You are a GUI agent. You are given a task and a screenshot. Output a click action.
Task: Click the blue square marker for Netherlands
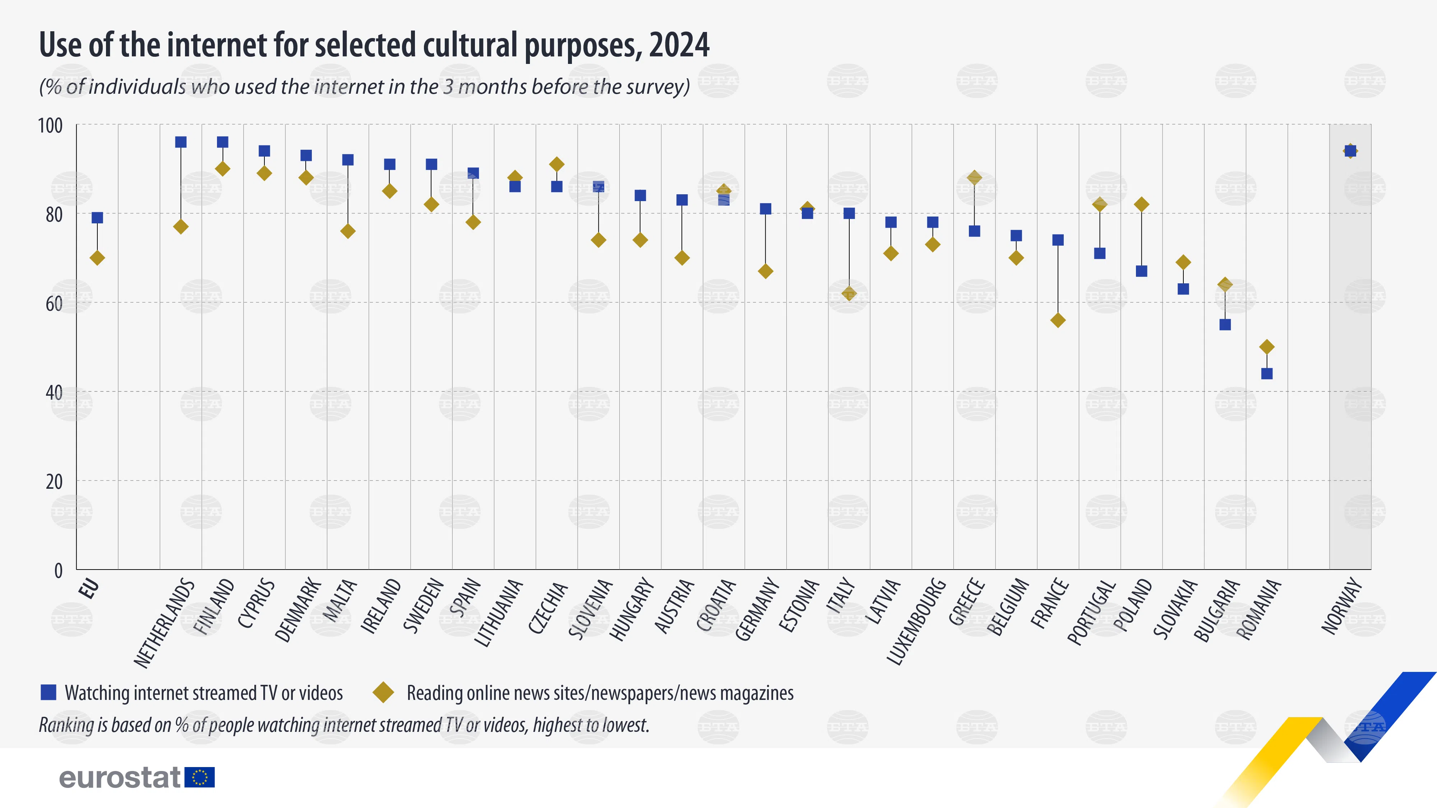181,142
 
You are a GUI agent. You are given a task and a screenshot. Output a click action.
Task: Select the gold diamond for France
1058,320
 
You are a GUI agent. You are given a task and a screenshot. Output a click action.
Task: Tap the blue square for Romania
1267,373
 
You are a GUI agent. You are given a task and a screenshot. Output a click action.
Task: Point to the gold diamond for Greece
975,178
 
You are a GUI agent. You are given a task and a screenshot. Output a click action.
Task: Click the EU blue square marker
97,218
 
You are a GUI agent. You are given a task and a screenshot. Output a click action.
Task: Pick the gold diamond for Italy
849,293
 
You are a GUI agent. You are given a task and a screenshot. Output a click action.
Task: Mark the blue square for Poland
1141,271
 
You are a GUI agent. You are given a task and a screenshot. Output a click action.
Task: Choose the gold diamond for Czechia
557,164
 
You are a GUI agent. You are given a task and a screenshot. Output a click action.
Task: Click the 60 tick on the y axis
54,303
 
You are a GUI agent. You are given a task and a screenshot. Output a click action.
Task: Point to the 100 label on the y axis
50,125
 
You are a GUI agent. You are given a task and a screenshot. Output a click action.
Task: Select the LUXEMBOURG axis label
916,622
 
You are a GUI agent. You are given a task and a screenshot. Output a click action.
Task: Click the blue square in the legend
48,693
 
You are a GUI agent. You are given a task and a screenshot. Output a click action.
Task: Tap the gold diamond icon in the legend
383,693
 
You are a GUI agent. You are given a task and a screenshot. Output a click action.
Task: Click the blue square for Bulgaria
1225,325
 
